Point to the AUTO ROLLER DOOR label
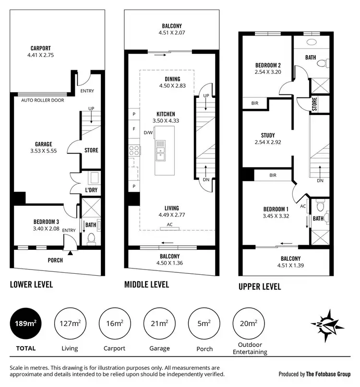[43, 100]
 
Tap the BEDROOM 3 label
[46, 222]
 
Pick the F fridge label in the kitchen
[133, 129]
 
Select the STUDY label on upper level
[267, 135]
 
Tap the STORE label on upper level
[314, 104]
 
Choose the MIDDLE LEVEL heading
[146, 284]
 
